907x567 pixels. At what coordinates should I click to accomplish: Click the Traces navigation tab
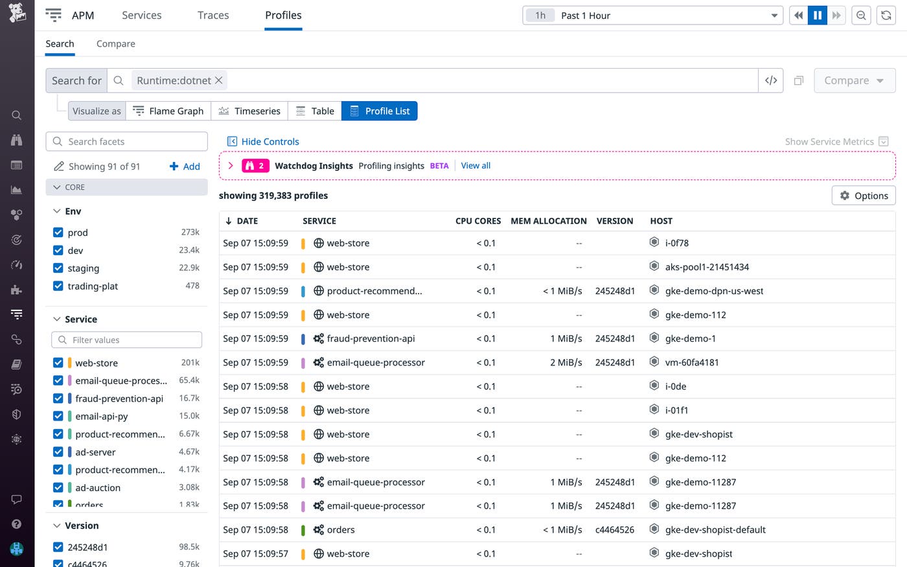213,16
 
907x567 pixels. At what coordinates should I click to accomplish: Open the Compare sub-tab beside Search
115,44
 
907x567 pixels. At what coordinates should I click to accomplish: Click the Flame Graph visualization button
168,111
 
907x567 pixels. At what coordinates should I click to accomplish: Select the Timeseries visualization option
249,111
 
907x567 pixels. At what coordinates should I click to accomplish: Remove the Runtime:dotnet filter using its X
219,80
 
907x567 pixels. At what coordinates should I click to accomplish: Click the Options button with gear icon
863,196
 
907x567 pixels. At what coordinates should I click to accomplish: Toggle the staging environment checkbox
58,268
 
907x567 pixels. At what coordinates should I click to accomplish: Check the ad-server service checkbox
58,452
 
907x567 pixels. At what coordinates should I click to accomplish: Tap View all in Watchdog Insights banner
476,166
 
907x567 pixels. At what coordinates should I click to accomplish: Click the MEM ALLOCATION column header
548,221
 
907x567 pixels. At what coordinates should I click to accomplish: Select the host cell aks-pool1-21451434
706,267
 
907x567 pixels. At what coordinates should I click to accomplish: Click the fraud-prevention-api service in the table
371,339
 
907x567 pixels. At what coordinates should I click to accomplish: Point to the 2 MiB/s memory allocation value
566,363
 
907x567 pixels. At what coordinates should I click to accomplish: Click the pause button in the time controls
818,16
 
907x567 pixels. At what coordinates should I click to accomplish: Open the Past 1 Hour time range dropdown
652,16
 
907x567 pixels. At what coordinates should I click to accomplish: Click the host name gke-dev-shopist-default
715,530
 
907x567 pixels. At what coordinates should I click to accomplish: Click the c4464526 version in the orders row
614,530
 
